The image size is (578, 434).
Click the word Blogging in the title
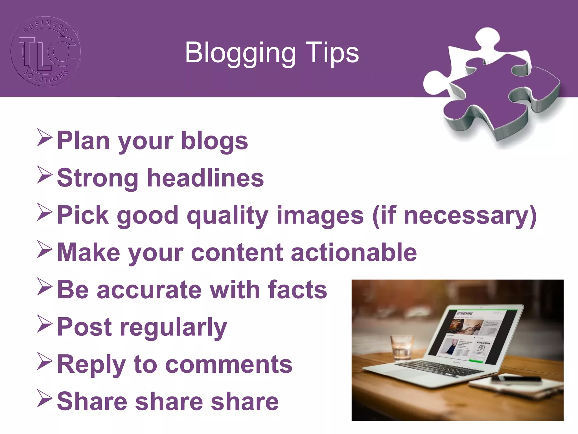pyautogui.click(x=240, y=53)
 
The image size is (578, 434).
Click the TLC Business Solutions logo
pyautogui.click(x=45, y=51)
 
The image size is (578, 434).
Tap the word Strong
pyautogui.click(x=98, y=178)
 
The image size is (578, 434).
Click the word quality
pyautogui.click(x=227, y=216)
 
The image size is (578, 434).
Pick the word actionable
pyautogui.click(x=354, y=252)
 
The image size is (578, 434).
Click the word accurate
pyautogui.click(x=149, y=290)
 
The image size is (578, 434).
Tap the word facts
pyautogui.click(x=298, y=290)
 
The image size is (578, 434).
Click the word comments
pyautogui.click(x=229, y=364)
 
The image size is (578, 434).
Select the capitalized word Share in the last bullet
pyautogui.click(x=92, y=402)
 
